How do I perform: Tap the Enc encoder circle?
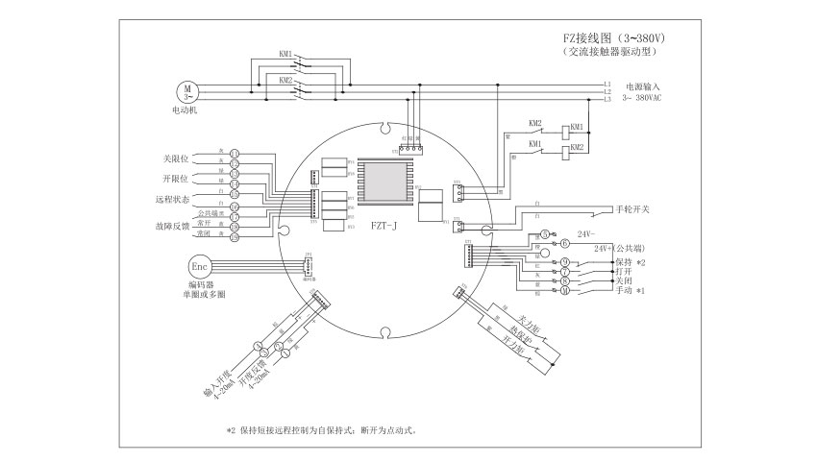click(199, 265)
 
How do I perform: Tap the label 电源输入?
click(642, 86)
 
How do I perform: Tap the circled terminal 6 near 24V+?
click(565, 245)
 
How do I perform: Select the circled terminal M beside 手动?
click(565, 290)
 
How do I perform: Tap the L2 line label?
click(607, 91)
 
